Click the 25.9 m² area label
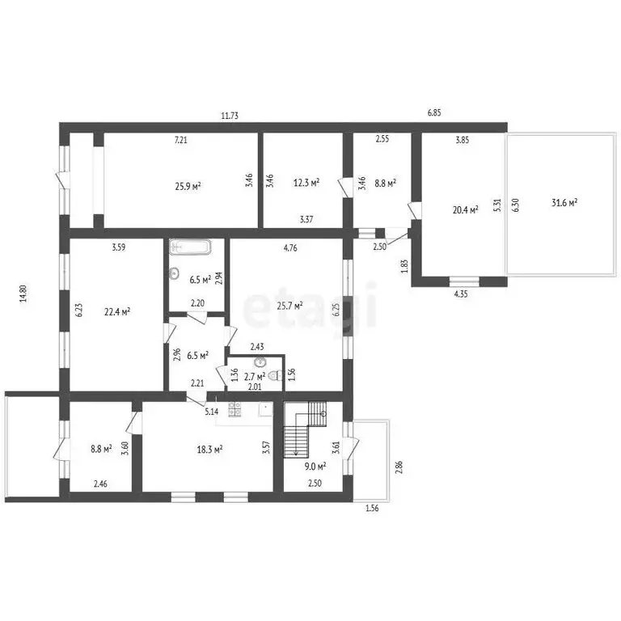[x=188, y=185]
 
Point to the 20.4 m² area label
[x=464, y=209]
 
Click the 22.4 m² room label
[x=118, y=311]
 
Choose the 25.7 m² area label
[x=289, y=306]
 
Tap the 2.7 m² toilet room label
[x=255, y=376]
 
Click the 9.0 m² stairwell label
[x=315, y=466]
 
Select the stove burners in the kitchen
[x=235, y=411]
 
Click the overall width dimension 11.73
[x=230, y=116]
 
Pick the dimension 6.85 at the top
[x=434, y=112]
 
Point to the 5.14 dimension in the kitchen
[x=212, y=412]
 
